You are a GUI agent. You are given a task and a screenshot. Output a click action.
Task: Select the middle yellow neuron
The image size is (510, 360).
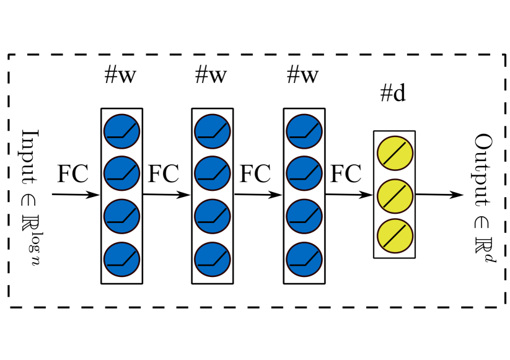pyautogui.click(x=395, y=195)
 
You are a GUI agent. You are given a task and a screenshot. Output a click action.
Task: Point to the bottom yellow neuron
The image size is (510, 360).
pyautogui.click(x=395, y=236)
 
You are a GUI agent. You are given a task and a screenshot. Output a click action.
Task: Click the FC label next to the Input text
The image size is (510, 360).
pyautogui.click(x=73, y=174)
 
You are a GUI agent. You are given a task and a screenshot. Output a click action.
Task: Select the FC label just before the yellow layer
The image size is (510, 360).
pyautogui.click(x=346, y=174)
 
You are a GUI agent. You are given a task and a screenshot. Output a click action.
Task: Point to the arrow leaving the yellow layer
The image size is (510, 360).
pyautogui.click(x=439, y=195)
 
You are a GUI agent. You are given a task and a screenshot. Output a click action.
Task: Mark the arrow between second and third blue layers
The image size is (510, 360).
pyautogui.click(x=257, y=195)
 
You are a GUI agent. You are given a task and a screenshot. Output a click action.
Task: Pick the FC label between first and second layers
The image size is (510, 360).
pyautogui.click(x=164, y=174)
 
